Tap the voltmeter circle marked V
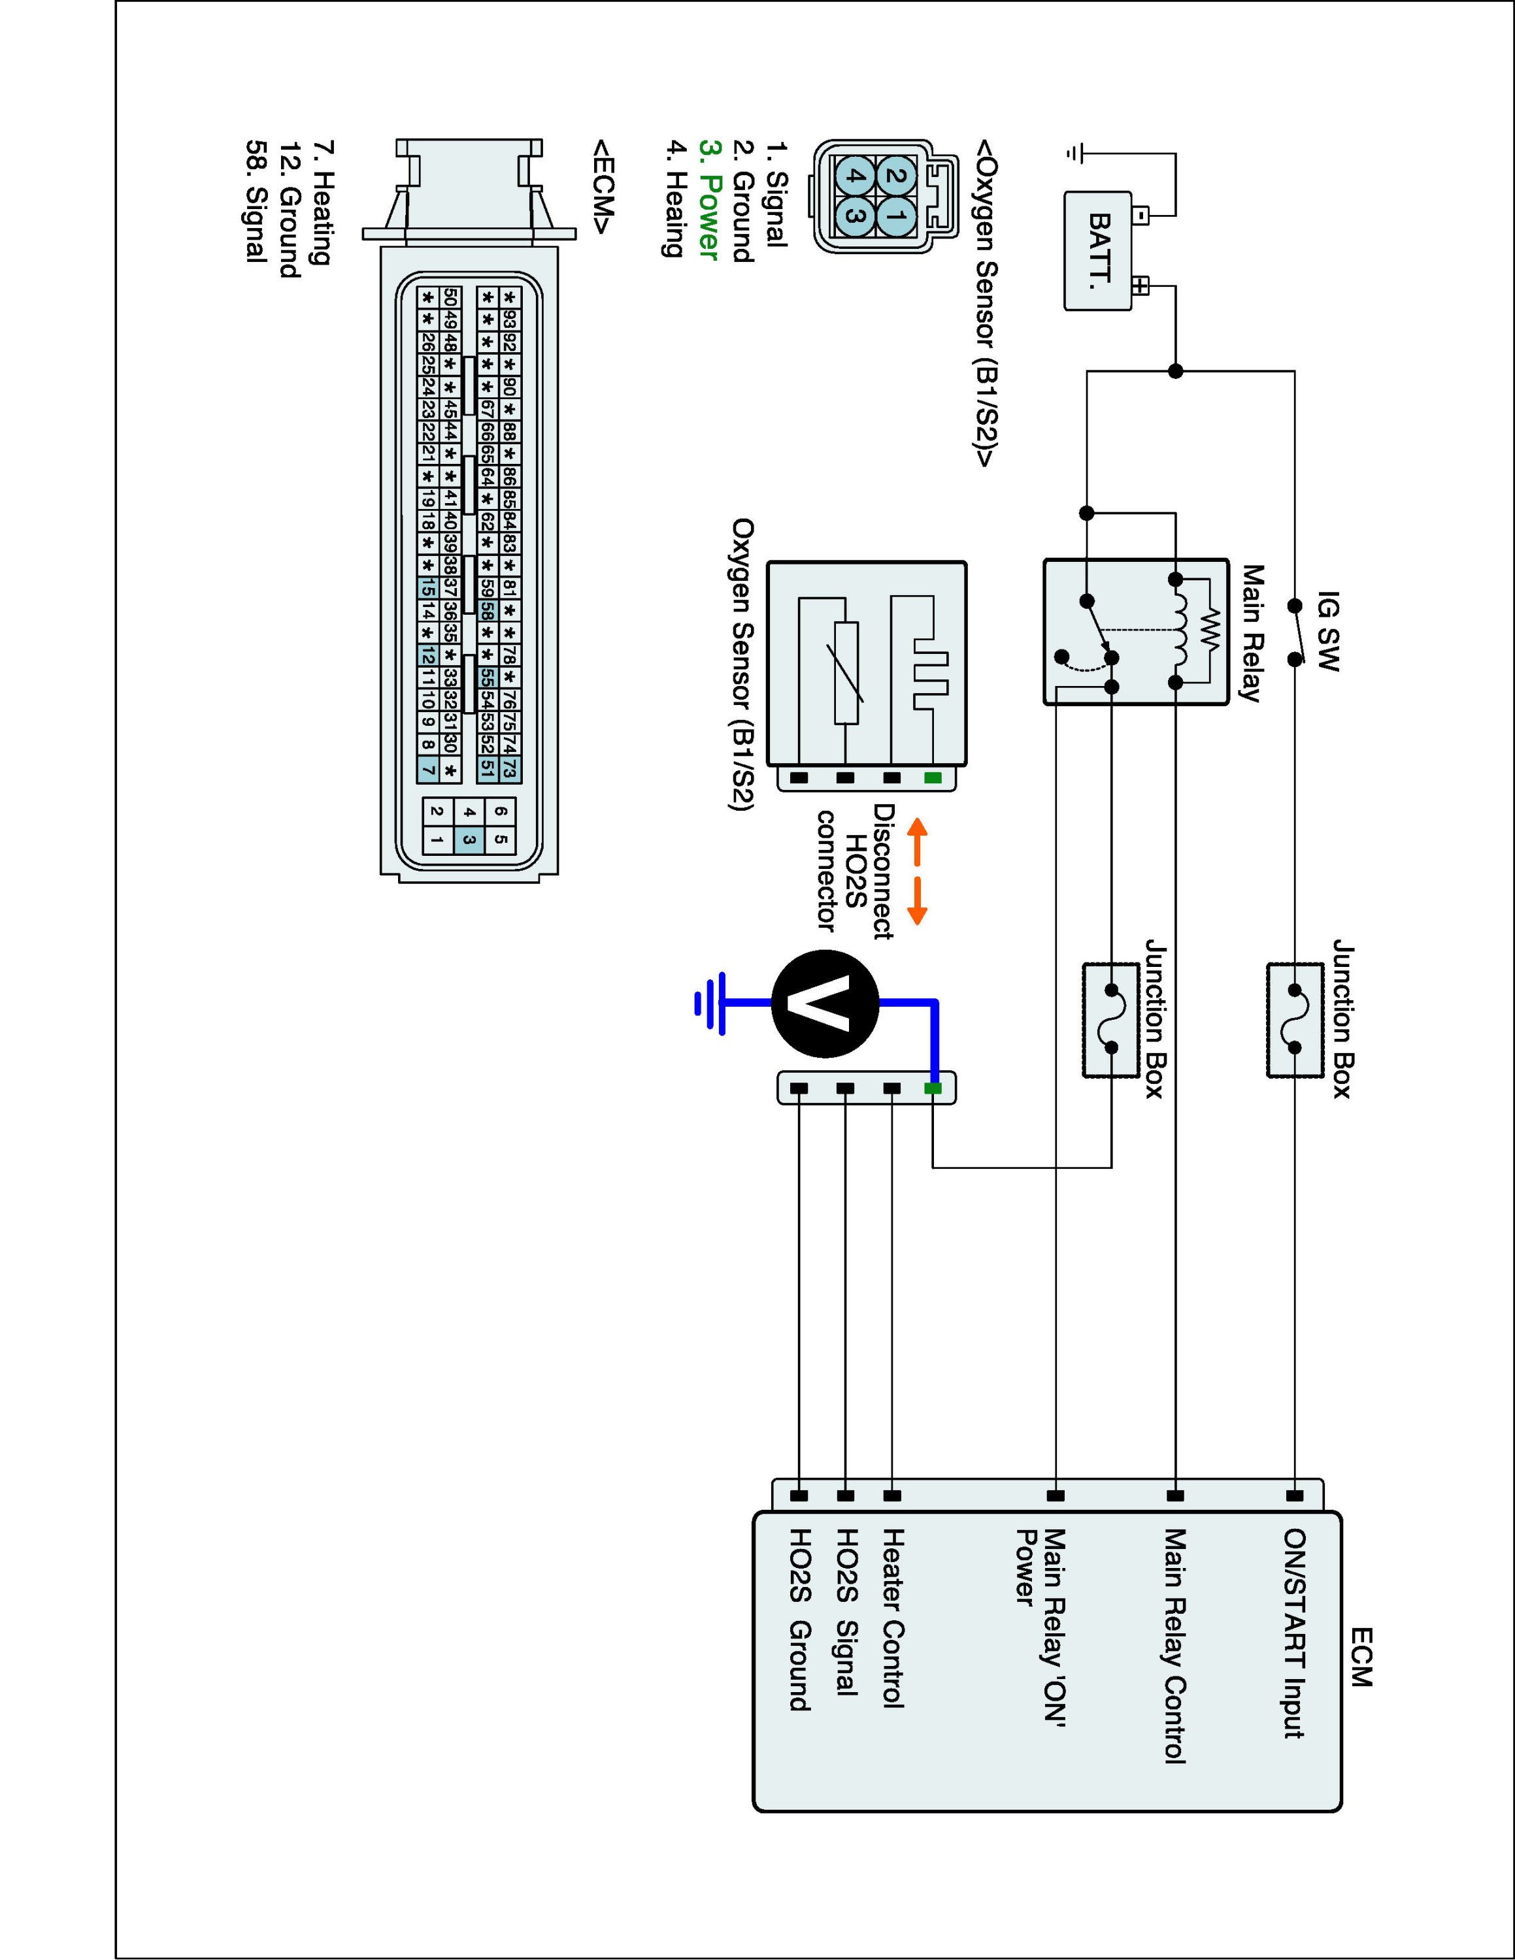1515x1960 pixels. tap(825, 1004)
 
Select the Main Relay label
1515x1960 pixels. tap(1252, 632)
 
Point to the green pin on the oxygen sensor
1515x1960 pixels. tap(933, 777)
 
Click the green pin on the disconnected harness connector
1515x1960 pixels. tap(933, 1088)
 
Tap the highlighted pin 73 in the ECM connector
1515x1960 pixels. tap(510, 768)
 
